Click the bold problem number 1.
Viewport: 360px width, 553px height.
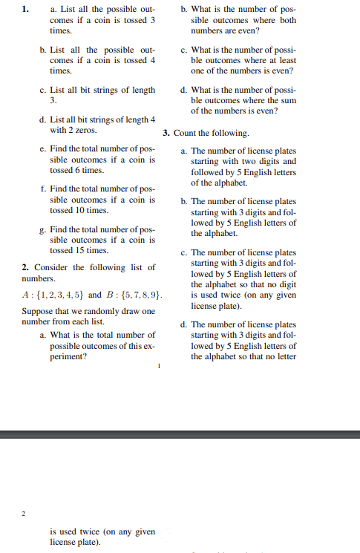(25, 9)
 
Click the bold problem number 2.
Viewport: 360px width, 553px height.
(25, 267)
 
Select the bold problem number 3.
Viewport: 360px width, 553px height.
(167, 133)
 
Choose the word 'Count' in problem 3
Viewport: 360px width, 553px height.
(186, 133)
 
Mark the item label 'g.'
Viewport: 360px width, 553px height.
(43, 229)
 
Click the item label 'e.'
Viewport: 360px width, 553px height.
(43, 149)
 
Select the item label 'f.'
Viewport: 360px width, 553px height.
(43, 189)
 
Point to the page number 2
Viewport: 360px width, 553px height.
(23, 513)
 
